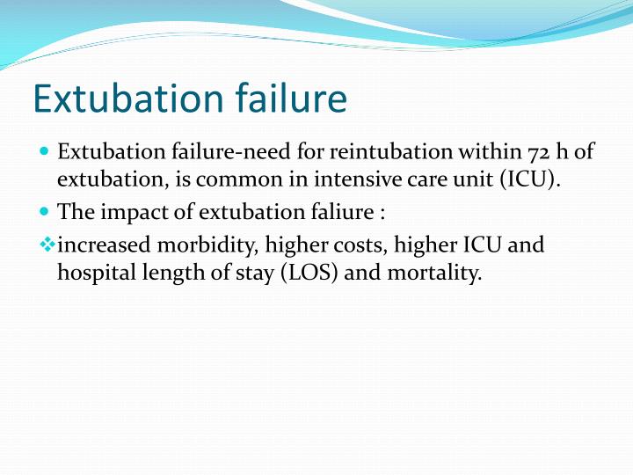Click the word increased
[105, 245]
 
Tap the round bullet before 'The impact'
[45, 212]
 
